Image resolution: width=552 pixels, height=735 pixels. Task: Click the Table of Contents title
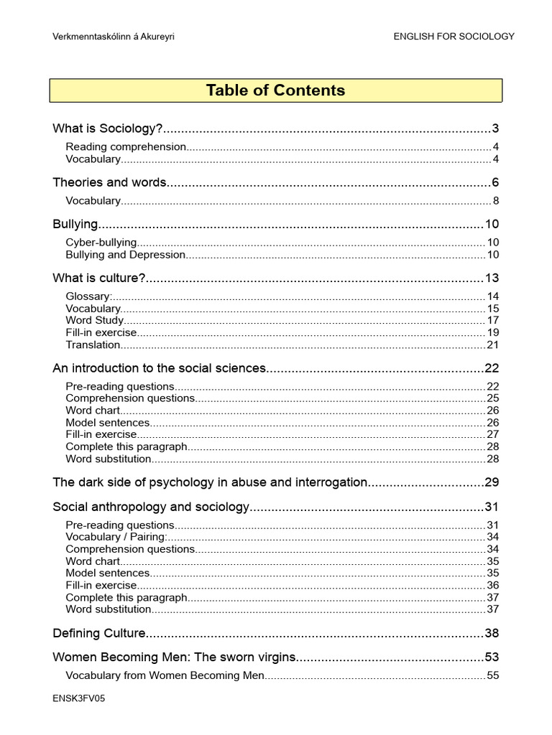[275, 90]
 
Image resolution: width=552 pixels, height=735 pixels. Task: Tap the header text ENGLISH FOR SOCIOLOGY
[454, 37]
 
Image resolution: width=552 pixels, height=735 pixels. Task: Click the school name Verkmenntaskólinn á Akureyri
[114, 37]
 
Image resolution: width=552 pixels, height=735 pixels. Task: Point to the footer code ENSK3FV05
[79, 698]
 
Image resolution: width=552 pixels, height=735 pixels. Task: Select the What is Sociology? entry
[108, 129]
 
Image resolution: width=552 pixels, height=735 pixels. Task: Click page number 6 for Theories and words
[495, 182]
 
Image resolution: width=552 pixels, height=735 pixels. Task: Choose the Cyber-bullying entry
[101, 243]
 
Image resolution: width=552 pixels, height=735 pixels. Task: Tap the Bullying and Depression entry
[125, 255]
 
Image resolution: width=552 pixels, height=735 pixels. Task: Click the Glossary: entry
[88, 296]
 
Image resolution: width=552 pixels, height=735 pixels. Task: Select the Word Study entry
[94, 320]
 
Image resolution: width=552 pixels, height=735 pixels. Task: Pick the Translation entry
[93, 345]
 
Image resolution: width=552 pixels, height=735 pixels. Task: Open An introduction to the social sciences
[159, 368]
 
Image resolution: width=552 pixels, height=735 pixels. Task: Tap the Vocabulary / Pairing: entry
[116, 537]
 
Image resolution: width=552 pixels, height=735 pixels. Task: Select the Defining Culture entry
[99, 633]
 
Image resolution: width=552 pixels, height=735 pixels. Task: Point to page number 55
[492, 675]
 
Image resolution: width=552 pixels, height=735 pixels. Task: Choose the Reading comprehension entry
[126, 147]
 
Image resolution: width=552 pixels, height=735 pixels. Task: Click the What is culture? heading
[99, 278]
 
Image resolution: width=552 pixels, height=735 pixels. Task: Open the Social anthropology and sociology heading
[150, 507]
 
